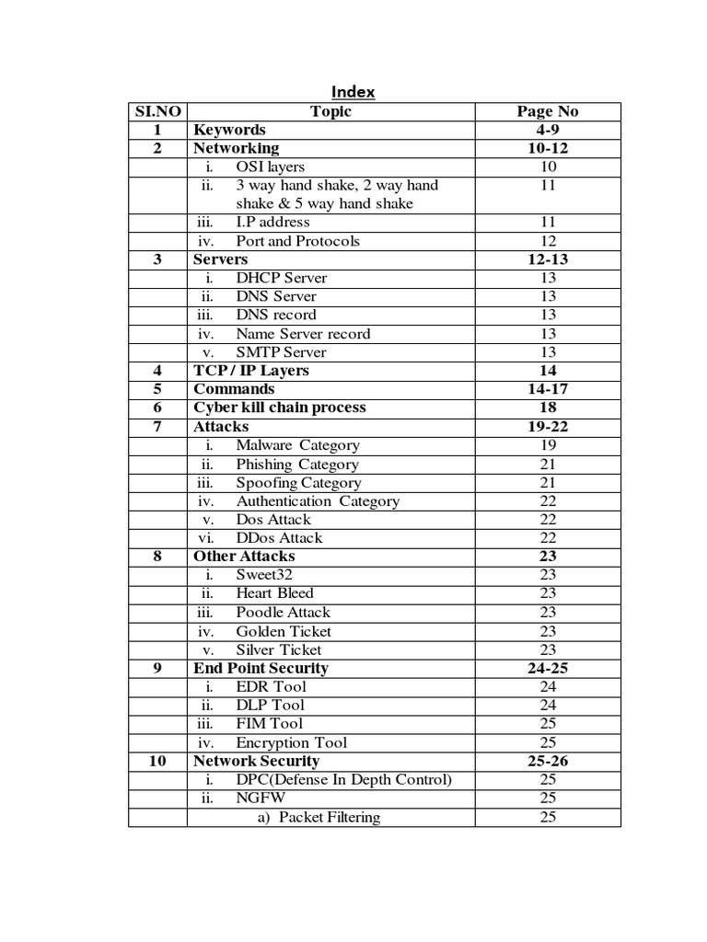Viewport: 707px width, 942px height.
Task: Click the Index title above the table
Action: pos(353,92)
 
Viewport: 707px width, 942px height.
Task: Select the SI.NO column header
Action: pos(157,111)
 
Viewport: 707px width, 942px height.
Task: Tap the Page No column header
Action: pos(548,111)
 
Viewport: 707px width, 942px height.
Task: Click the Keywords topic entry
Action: pos(229,130)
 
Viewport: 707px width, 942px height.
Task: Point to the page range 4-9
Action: pos(548,130)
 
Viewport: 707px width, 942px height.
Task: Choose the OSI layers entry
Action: pos(270,167)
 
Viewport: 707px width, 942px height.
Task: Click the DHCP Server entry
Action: pos(281,278)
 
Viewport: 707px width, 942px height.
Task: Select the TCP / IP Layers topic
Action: pos(251,371)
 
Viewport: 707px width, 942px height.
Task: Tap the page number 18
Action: pos(548,408)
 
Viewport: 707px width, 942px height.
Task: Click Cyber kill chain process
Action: pos(280,408)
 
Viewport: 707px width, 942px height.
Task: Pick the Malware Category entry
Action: pos(297,445)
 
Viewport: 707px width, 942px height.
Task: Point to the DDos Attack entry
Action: pos(279,538)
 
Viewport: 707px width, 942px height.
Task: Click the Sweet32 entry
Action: pos(262,575)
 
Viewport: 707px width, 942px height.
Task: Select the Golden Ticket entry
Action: pos(284,631)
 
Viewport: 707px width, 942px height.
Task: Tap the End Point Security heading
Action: pos(261,668)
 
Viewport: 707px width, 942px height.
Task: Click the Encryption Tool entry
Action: pos(292,742)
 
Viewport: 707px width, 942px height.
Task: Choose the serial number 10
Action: pos(157,761)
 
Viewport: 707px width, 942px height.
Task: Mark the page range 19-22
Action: pos(548,427)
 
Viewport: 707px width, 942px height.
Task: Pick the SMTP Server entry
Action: pos(281,352)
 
